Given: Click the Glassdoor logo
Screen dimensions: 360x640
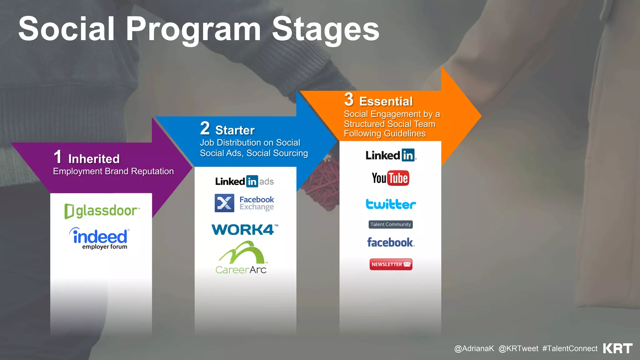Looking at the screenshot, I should pyautogui.click(x=102, y=211).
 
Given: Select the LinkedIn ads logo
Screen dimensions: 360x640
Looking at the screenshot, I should pyautogui.click(x=244, y=182).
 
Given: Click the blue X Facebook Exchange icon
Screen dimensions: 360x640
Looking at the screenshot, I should pyautogui.click(x=224, y=203).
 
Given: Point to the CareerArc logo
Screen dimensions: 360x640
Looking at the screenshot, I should pyautogui.click(x=241, y=258).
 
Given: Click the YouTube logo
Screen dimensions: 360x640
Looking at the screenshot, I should pyautogui.click(x=390, y=178).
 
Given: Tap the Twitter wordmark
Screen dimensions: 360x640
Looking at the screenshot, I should pyautogui.click(x=391, y=204).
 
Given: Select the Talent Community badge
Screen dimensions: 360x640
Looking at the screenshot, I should pyautogui.click(x=391, y=224).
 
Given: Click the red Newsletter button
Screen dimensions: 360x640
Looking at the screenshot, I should pyautogui.click(x=391, y=264).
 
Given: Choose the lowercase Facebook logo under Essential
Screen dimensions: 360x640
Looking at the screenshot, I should pyautogui.click(x=391, y=242).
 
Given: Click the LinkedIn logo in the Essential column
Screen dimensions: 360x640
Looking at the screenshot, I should pyautogui.click(x=391, y=155).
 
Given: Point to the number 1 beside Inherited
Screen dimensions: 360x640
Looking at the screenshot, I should pyautogui.click(x=58, y=157).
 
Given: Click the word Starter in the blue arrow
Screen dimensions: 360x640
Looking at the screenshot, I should pyautogui.click(x=235, y=130).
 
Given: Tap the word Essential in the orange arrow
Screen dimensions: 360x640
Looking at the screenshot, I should pyautogui.click(x=386, y=102).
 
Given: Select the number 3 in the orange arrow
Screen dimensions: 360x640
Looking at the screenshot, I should pyautogui.click(x=349, y=99).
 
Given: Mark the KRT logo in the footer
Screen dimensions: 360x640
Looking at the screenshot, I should pyautogui.click(x=617, y=348).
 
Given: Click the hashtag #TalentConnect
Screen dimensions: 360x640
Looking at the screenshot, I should pyautogui.click(x=570, y=349).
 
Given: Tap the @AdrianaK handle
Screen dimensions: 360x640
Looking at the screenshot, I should pyautogui.click(x=474, y=349).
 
